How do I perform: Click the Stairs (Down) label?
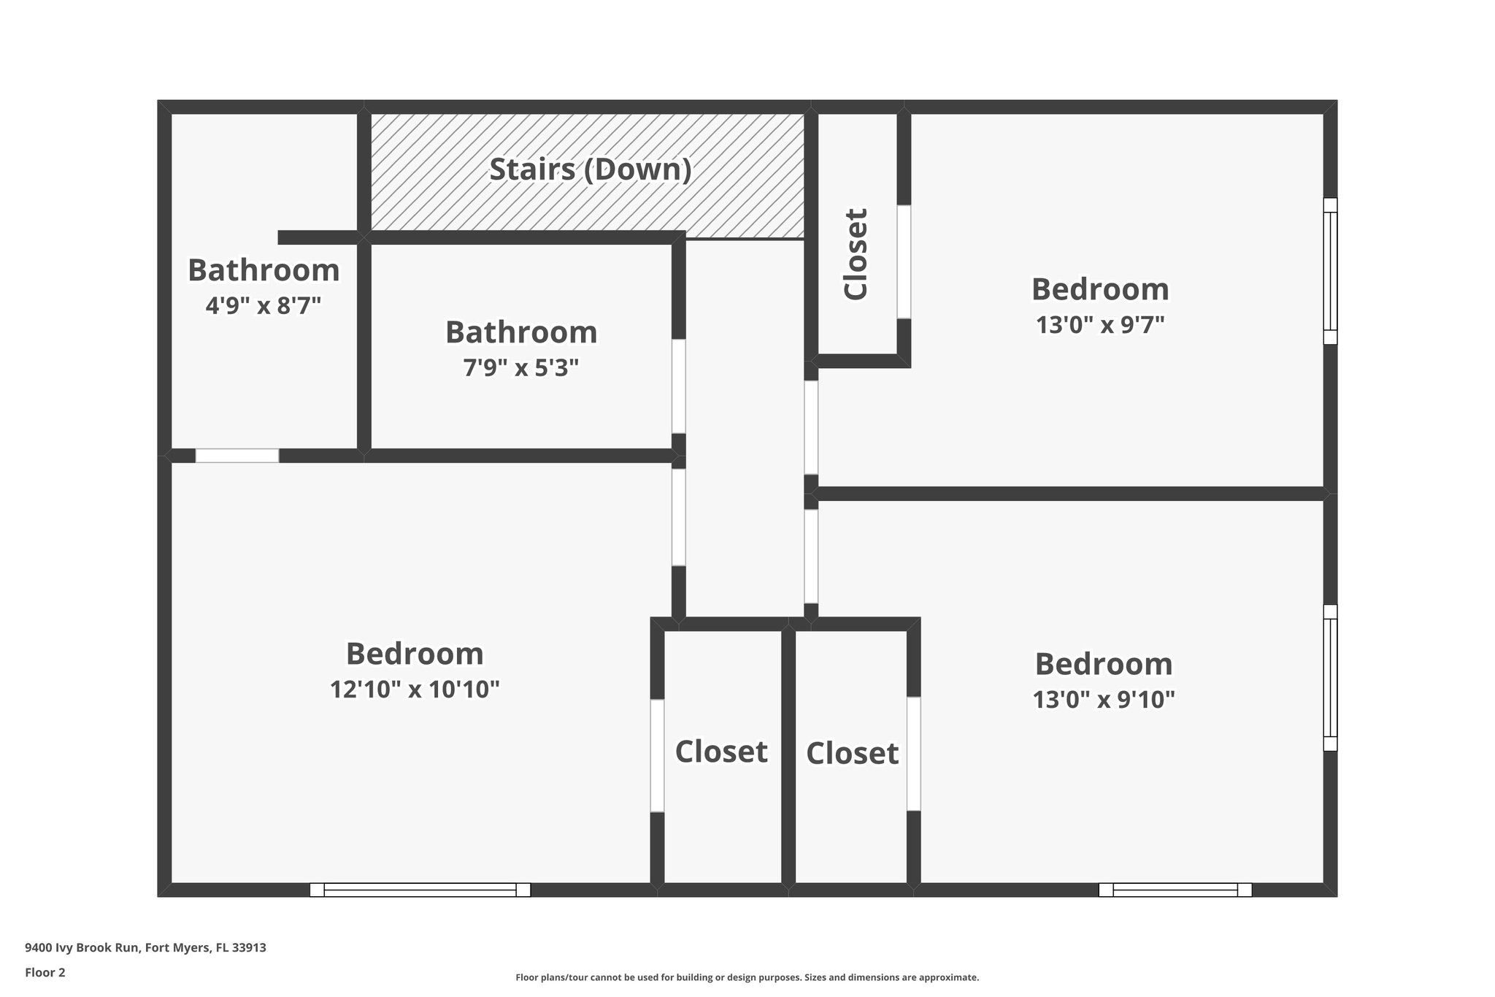[590, 169]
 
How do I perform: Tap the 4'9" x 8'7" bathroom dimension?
[264, 305]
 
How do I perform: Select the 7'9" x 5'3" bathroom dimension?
[521, 367]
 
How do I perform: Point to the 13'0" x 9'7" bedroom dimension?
[1100, 324]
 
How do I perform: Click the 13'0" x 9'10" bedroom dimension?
[1103, 700]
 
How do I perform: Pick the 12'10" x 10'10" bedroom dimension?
[415, 689]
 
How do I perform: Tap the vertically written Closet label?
[856, 253]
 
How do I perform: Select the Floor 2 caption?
[45, 972]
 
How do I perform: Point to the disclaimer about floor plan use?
[747, 977]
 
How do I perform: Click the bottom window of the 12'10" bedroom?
[420, 890]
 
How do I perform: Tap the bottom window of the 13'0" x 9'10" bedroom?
[1175, 890]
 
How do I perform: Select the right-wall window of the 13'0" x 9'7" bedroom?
[1330, 271]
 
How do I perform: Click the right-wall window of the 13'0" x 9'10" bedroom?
[1330, 677]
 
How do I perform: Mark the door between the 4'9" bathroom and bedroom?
[237, 456]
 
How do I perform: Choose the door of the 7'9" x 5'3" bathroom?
[679, 386]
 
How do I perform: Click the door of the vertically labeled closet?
[904, 261]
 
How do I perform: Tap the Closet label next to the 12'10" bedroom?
[721, 752]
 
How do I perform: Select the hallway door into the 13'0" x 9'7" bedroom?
[811, 427]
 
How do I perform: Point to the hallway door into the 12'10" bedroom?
[679, 517]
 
